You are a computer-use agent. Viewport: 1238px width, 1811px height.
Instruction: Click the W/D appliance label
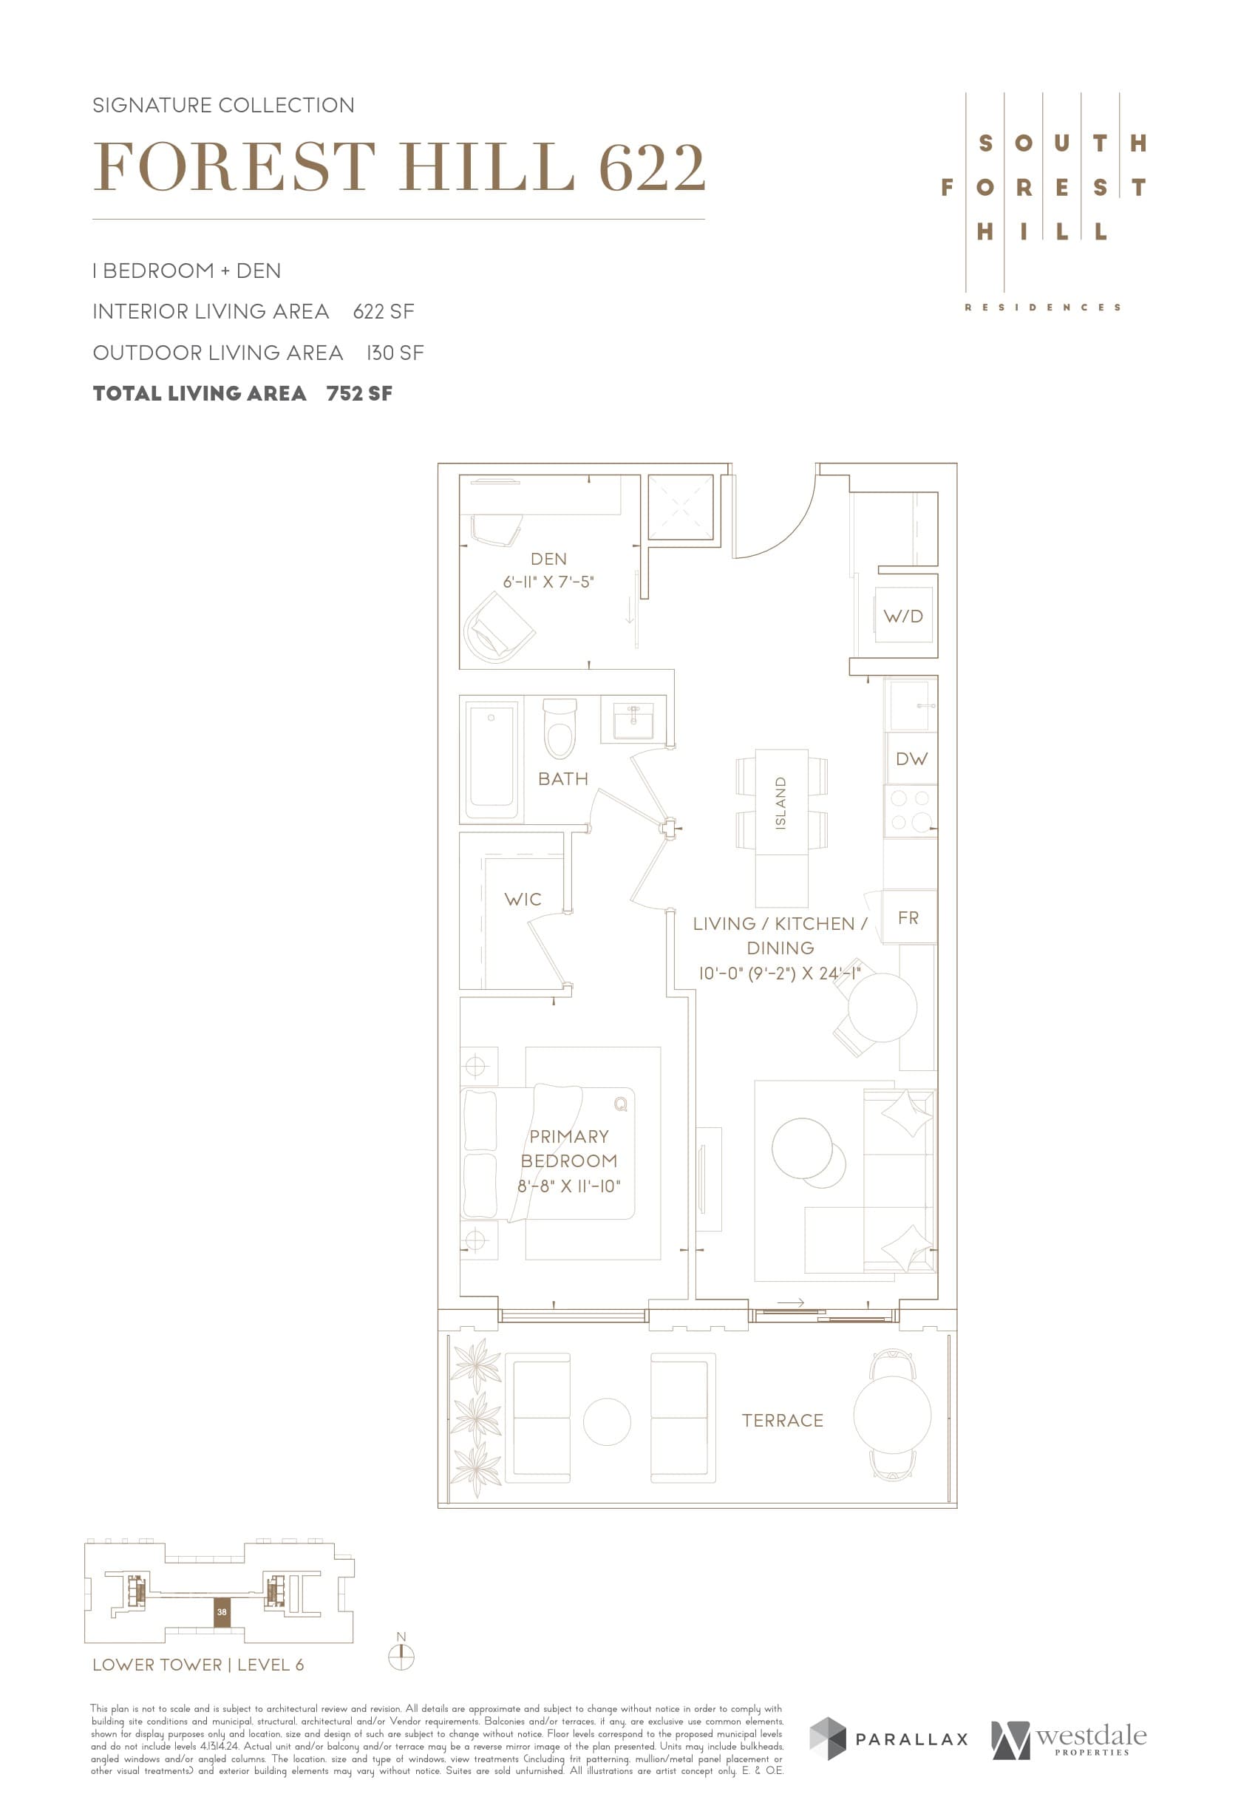pyautogui.click(x=903, y=616)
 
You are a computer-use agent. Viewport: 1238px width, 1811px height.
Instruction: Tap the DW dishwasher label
pyautogui.click(x=911, y=758)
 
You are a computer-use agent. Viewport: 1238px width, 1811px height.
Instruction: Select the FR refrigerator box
pyautogui.click(x=908, y=917)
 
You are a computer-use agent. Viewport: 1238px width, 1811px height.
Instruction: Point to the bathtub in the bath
pyautogui.click(x=491, y=758)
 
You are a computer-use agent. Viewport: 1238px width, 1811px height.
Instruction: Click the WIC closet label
pyautogui.click(x=522, y=900)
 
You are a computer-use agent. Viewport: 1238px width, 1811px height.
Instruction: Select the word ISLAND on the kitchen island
pyautogui.click(x=780, y=803)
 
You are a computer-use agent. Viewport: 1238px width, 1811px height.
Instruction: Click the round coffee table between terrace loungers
pyautogui.click(x=606, y=1421)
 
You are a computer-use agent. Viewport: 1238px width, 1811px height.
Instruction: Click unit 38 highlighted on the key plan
pyautogui.click(x=222, y=1612)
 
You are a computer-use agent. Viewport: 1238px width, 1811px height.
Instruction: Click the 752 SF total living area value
pyautogui.click(x=359, y=393)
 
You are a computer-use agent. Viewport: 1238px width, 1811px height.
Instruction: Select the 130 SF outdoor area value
pyautogui.click(x=395, y=353)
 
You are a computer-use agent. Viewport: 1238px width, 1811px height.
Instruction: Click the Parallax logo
pyautogui.click(x=888, y=1739)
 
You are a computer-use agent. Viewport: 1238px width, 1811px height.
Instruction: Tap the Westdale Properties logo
pyautogui.click(x=1068, y=1739)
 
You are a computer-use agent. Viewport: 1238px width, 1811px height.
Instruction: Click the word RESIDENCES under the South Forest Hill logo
pyautogui.click(x=1042, y=308)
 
